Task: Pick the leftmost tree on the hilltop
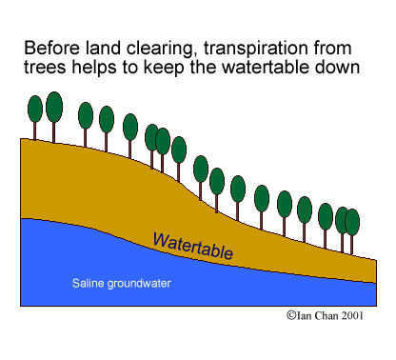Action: coord(34,106)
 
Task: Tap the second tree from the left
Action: coord(54,104)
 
